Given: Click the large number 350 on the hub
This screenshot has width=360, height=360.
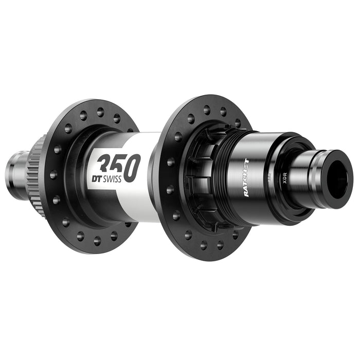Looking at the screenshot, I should tap(119, 167).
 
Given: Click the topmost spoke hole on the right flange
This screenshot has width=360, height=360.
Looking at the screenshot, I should tap(206, 109).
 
